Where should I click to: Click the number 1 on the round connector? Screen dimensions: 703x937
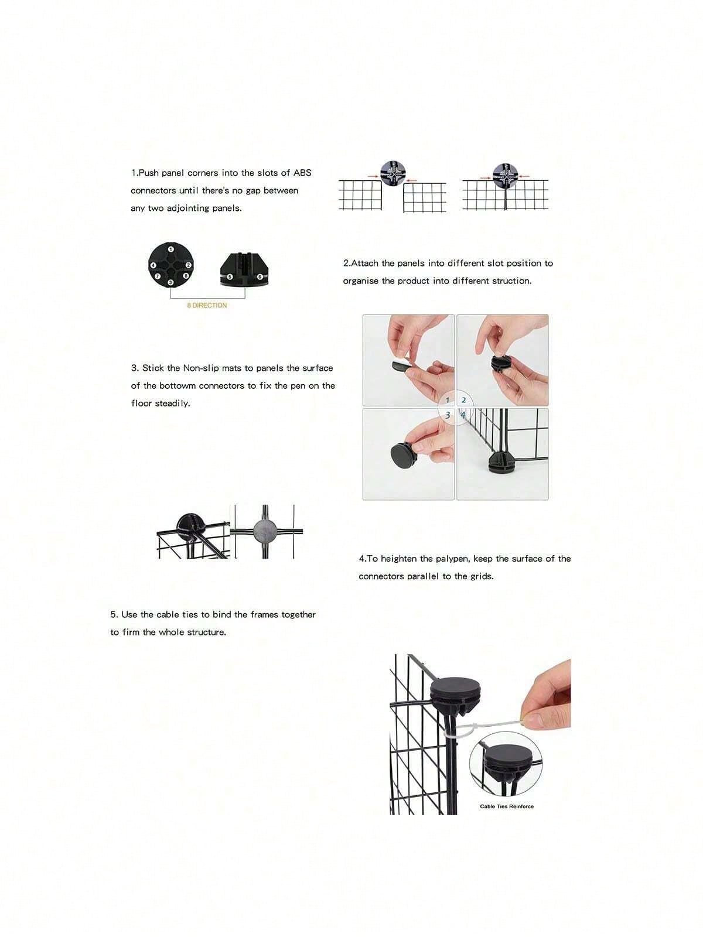click(170, 249)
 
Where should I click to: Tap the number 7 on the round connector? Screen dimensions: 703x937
click(158, 276)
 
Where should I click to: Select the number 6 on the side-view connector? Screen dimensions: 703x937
click(260, 277)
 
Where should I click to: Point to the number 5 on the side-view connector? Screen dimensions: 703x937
click(230, 277)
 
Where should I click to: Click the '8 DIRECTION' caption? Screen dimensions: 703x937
click(207, 305)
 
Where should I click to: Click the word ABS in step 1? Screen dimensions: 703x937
click(302, 173)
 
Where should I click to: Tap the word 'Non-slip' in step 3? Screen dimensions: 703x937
click(201, 368)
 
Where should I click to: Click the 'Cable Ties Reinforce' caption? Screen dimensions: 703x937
click(507, 806)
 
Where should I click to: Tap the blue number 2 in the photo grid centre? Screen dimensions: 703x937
click(463, 401)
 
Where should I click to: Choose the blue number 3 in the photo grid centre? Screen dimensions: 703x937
click(448, 415)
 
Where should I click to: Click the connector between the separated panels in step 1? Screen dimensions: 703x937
click(393, 174)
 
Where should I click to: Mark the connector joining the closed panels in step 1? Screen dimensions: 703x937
click(505, 176)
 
